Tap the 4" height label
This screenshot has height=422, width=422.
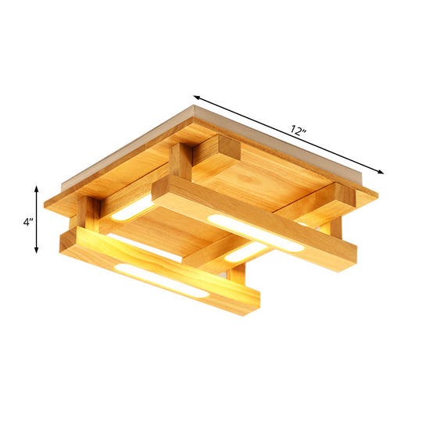[x=27, y=221]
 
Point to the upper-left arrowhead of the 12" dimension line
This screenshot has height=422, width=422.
[x=196, y=97]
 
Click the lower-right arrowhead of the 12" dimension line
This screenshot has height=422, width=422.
[x=382, y=171]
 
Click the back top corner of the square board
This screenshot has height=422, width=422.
[x=191, y=108]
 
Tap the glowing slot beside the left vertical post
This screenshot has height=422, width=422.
[x=132, y=209]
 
